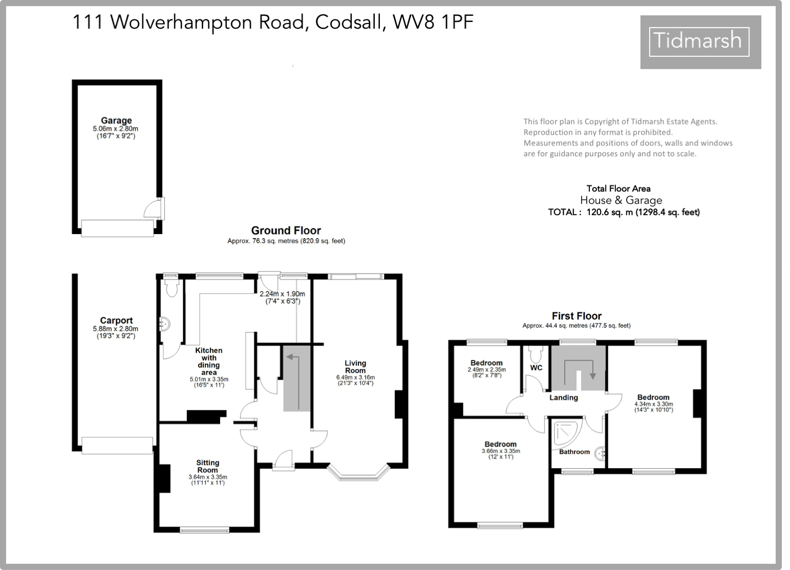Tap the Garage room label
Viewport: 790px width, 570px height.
click(x=116, y=121)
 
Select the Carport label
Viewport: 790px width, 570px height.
click(x=116, y=321)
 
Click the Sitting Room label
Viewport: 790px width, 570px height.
click(x=207, y=466)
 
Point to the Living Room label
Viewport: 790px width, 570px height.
click(x=355, y=367)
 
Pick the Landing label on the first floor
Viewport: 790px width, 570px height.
click(x=564, y=397)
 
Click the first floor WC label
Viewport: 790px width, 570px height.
click(x=536, y=368)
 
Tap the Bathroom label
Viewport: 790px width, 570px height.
click(x=574, y=452)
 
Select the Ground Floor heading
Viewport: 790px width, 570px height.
click(x=286, y=230)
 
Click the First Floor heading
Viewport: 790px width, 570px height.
click(x=577, y=316)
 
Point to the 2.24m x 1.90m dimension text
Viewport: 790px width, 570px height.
click(x=282, y=294)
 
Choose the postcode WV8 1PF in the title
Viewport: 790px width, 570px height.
click(x=433, y=22)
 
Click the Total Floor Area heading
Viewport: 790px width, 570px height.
click(x=618, y=188)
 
